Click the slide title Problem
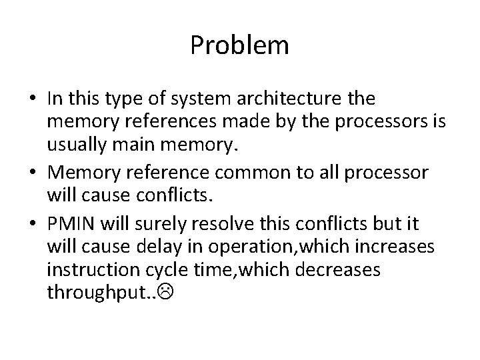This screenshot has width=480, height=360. (x=239, y=45)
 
